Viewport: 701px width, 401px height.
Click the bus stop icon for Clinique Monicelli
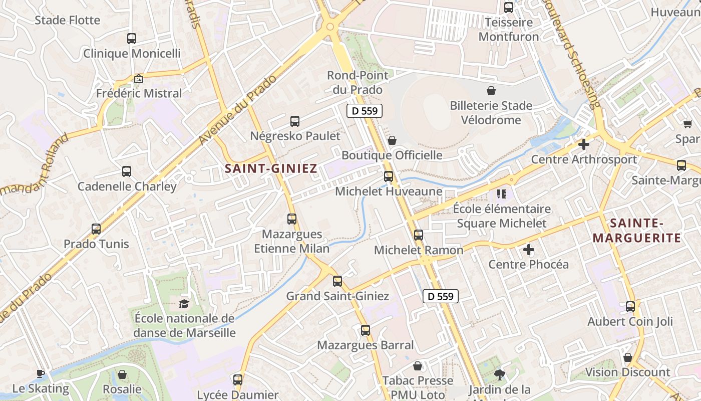click(132, 38)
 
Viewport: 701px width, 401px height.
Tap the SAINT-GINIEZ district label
click(271, 169)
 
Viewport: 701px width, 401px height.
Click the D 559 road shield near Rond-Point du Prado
click(365, 111)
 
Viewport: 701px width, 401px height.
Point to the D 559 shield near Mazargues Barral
click(441, 296)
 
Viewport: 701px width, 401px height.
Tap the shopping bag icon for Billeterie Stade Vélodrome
click(491, 91)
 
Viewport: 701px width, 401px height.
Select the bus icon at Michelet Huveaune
click(389, 176)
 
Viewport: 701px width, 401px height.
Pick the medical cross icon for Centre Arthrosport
click(583, 144)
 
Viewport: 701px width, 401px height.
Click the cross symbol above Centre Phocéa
click(529, 249)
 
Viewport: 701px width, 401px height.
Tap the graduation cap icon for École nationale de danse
click(184, 304)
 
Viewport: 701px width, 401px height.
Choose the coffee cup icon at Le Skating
click(41, 373)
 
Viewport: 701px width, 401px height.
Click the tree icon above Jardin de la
click(499, 374)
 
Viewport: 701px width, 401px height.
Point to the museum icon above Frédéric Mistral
click(139, 79)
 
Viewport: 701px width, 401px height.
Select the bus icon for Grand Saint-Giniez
click(337, 281)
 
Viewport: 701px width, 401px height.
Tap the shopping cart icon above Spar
click(687, 123)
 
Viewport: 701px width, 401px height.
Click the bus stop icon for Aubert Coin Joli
click(630, 306)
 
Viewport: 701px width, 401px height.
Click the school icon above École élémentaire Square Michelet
click(502, 193)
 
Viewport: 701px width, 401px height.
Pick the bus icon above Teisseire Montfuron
click(509, 8)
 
